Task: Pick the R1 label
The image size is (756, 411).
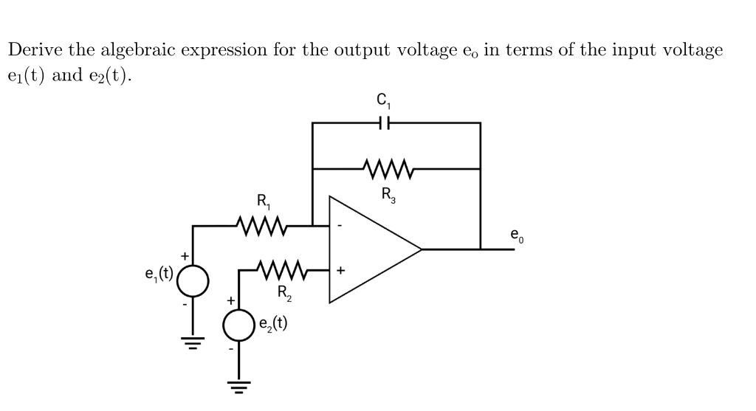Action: (263, 201)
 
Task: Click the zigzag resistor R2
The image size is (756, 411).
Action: (283, 270)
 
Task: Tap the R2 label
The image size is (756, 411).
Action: (285, 293)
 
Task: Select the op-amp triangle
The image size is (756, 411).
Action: (369, 249)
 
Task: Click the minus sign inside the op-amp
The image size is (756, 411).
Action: (340, 225)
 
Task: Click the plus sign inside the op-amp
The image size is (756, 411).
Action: (340, 271)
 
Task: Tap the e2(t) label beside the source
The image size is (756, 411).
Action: (273, 322)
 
